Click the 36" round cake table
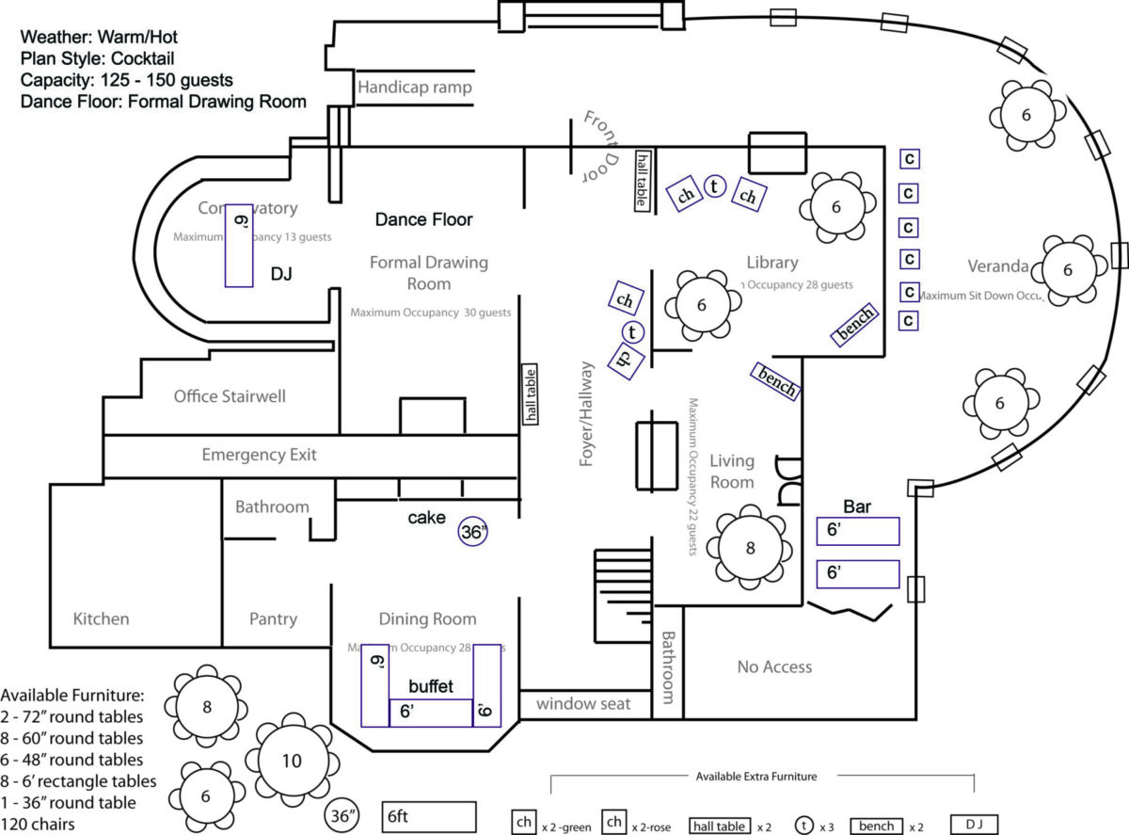pyautogui.click(x=474, y=531)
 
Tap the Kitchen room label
pyautogui.click(x=101, y=618)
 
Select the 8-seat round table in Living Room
pyautogui.click(x=750, y=548)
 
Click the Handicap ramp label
pyautogui.click(x=414, y=88)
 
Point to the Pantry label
pyautogui.click(x=273, y=618)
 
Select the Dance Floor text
pyautogui.click(x=423, y=219)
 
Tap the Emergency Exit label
pyautogui.click(x=259, y=455)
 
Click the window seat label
pyautogui.click(x=583, y=703)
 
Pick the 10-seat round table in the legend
pyautogui.click(x=292, y=761)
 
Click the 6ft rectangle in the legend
pyautogui.click(x=429, y=818)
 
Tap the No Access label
pyautogui.click(x=774, y=666)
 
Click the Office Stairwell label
pyautogui.click(x=230, y=396)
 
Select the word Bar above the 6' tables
pyautogui.click(x=857, y=506)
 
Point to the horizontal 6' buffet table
pyautogui.click(x=431, y=713)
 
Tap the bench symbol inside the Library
pyautogui.click(x=855, y=325)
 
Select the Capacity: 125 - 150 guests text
pyautogui.click(x=126, y=80)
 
